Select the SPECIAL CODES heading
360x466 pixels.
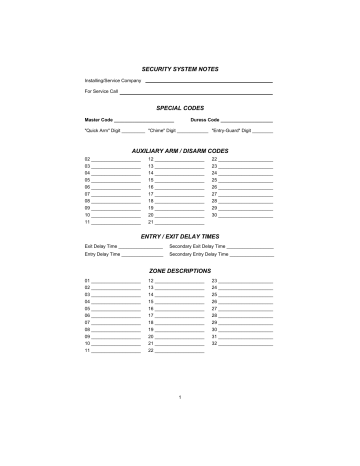coord(180,105)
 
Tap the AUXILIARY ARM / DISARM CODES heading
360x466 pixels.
coord(180,150)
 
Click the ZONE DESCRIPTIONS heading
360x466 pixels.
coord(180,270)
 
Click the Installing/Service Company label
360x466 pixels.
coord(106,79)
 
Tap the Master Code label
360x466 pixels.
coord(99,119)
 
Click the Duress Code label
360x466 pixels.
coord(205,119)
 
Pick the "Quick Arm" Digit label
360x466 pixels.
coord(103,131)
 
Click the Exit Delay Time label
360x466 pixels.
coord(101,246)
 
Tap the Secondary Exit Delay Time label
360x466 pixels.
coord(198,246)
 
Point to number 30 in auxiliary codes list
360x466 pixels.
coord(214,215)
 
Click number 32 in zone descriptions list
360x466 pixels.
coord(214,344)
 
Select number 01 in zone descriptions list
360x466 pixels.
coord(88,281)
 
